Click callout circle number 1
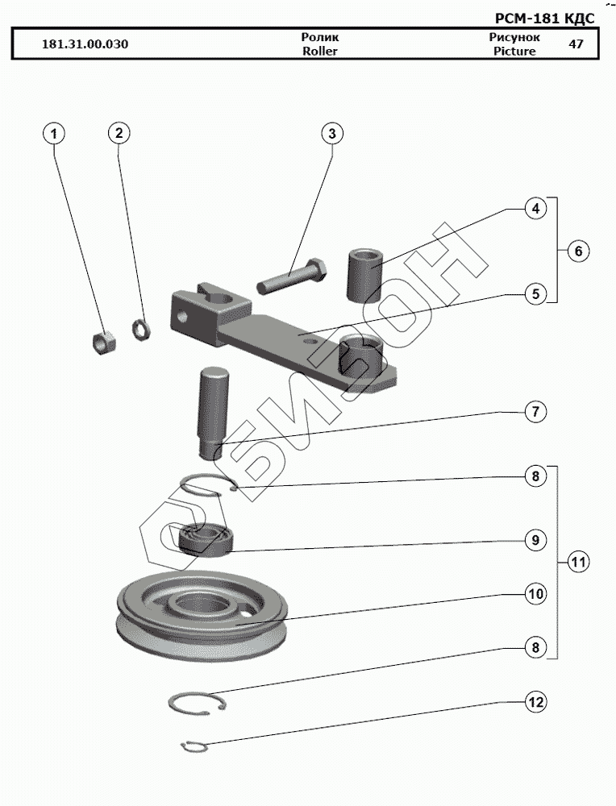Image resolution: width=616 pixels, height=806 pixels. [x=53, y=134]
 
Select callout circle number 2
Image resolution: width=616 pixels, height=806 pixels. [x=119, y=133]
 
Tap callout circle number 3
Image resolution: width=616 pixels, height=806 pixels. [x=332, y=134]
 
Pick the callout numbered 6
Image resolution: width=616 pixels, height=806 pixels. [x=578, y=251]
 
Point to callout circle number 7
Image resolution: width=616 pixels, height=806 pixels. [x=535, y=412]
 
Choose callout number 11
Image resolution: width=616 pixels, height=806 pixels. [x=578, y=562]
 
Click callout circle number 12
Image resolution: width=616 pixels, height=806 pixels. [x=535, y=702]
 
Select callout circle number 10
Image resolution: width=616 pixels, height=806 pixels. [x=535, y=594]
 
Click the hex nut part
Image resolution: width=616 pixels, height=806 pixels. [x=103, y=342]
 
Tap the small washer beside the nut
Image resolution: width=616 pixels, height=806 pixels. [x=140, y=329]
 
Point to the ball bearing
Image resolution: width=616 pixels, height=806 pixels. [x=203, y=539]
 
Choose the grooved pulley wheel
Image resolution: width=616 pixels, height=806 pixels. [x=202, y=616]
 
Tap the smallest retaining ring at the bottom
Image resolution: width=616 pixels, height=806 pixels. [x=195, y=747]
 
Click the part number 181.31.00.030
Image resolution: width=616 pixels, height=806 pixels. [x=85, y=44]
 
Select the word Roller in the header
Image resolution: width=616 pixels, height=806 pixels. [x=320, y=52]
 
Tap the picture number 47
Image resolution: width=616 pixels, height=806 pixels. [x=576, y=44]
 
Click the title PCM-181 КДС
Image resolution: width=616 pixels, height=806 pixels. [x=544, y=19]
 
